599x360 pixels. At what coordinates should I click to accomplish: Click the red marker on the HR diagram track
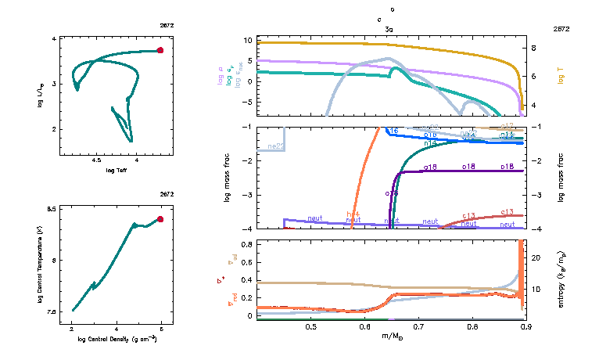pos(160,50)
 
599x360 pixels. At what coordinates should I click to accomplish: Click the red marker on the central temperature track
pos(160,219)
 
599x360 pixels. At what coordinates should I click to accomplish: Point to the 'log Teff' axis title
pos(117,170)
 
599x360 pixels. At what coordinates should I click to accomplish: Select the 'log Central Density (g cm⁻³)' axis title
pos(117,340)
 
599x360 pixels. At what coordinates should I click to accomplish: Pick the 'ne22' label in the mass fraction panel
pos(275,146)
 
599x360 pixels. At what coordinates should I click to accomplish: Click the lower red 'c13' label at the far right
pos(507,212)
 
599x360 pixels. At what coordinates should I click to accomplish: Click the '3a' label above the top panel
pos(389,28)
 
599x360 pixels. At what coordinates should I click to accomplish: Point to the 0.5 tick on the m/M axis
pos(311,326)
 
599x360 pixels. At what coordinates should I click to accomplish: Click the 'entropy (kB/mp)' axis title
pos(561,278)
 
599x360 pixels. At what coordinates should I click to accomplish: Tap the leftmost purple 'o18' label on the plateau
pos(429,167)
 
